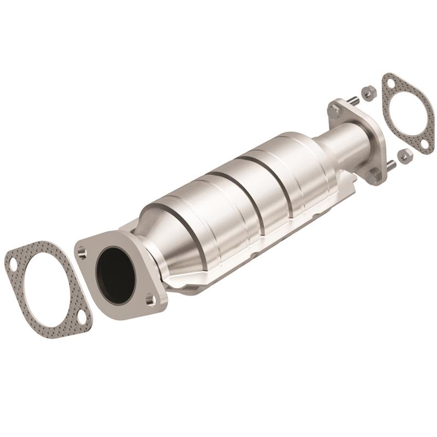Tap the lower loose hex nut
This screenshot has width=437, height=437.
(405, 156)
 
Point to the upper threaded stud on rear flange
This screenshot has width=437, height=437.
(352, 100)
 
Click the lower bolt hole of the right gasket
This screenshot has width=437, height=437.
(424, 143)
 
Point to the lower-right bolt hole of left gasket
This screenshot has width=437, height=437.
(81, 316)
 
